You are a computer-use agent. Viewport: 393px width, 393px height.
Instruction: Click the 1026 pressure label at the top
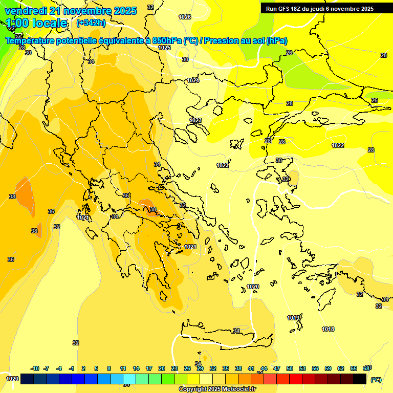coord(185,17)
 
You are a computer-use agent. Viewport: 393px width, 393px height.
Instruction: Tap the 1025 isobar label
coord(164,48)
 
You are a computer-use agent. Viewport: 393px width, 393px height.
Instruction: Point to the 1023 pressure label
coord(195,120)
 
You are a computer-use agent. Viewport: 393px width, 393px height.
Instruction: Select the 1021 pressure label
coord(190,247)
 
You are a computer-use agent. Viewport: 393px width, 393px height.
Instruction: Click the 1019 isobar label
coord(293,318)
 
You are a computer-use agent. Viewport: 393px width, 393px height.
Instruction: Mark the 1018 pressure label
coord(328,329)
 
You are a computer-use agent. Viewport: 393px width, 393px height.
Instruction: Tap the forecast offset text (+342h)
coord(91,23)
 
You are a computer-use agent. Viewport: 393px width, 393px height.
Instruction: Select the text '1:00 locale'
coord(36,23)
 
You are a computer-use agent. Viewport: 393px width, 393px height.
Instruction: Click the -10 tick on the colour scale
coord(35,368)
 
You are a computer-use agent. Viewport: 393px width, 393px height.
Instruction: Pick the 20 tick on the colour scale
coord(162,368)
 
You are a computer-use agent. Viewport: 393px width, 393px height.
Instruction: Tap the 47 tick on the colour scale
coord(277,368)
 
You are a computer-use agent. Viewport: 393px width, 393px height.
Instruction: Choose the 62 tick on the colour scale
coord(341,368)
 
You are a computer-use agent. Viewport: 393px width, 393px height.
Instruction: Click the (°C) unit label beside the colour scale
coord(376,380)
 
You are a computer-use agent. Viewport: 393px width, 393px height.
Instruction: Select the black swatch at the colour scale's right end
coord(360,379)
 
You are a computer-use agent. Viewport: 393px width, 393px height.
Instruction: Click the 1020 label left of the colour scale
coord(12,379)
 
